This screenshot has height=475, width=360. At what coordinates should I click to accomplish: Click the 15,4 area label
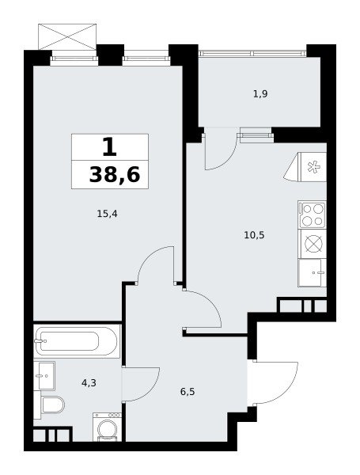pos(107,215)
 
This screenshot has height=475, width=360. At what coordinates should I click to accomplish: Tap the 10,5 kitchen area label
pos(254,235)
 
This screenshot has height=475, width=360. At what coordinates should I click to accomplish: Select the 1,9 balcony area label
pos(260,94)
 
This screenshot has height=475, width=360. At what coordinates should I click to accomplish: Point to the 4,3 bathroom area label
pos(89,383)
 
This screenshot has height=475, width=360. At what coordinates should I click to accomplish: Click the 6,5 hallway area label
pos(188,392)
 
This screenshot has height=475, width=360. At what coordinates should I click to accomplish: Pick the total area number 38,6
pos(115,175)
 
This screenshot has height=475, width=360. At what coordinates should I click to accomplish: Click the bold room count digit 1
pos(109,147)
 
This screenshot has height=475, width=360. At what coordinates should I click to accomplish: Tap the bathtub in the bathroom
pos(77,341)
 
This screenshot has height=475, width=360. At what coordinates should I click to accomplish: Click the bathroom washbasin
pos(44,375)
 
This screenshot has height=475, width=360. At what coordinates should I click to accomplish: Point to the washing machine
pos(107,427)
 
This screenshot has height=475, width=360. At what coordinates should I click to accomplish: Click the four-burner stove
pos(313,215)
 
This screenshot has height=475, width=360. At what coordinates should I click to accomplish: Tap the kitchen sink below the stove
pos(313,272)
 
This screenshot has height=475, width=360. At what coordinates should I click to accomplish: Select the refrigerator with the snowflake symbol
pos(309,167)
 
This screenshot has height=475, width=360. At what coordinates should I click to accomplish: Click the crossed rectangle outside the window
pos(67,36)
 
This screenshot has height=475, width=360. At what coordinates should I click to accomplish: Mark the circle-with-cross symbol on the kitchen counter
pos(313,244)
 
